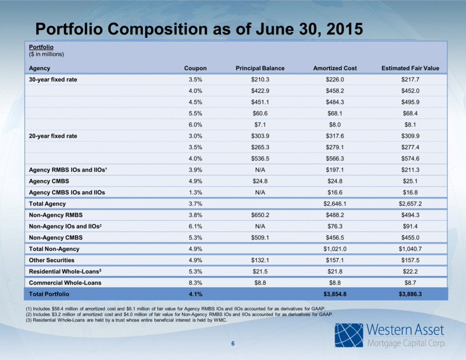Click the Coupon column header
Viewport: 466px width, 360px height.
[x=195, y=68]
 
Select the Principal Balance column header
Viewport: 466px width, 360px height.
[x=260, y=68]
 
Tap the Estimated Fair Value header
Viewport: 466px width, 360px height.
[x=410, y=68]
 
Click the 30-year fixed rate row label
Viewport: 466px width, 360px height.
[x=53, y=80]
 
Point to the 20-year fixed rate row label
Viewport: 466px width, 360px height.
[x=53, y=136]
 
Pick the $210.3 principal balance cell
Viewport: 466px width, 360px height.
[x=260, y=80]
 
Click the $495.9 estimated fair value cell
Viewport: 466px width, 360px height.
[x=410, y=102]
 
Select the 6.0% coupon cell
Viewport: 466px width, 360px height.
[x=195, y=125]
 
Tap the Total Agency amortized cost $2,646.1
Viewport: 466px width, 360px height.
[x=335, y=204]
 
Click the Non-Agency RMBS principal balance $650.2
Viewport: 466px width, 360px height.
[x=260, y=215]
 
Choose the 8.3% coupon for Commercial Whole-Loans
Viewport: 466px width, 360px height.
[x=195, y=283]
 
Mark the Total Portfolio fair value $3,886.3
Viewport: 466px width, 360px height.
[x=410, y=294]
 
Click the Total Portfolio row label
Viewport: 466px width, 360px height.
[x=49, y=294]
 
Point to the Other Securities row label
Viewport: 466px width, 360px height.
[x=51, y=260]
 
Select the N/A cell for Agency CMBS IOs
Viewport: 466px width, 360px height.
[x=260, y=193]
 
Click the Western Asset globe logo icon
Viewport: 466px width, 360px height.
[x=349, y=335]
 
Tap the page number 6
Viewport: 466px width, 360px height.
[x=233, y=344]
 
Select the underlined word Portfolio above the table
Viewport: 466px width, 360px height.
[x=41, y=47]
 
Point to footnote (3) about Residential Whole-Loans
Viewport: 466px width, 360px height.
[x=126, y=320]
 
